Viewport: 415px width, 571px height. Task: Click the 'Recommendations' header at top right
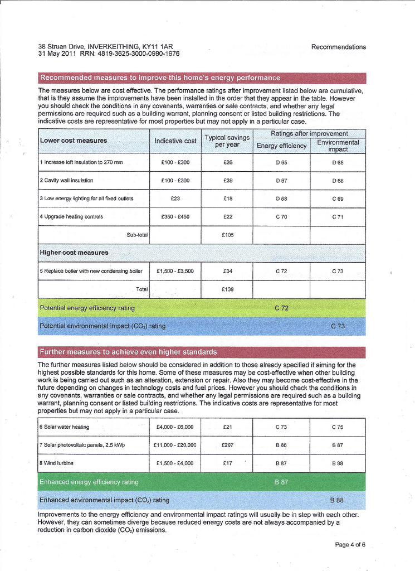pyautogui.click(x=339, y=47)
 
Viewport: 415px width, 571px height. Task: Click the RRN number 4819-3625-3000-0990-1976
pyautogui.click(x=140, y=54)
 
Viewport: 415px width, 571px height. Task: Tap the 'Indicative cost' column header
pyautogui.click(x=175, y=141)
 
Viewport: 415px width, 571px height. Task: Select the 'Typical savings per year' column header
pyautogui.click(x=227, y=141)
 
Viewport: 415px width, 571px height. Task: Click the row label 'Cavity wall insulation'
pyautogui.click(x=69, y=181)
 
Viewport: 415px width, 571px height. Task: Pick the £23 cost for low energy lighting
pyautogui.click(x=175, y=199)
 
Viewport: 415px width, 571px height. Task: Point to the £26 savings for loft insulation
pyautogui.click(x=227, y=163)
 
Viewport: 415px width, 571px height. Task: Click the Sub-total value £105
pyautogui.click(x=227, y=235)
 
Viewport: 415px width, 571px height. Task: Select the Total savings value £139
pyautogui.click(x=227, y=289)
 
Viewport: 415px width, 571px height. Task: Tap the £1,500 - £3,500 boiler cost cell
pyautogui.click(x=175, y=272)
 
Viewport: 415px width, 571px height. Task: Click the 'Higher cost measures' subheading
pyautogui.click(x=74, y=253)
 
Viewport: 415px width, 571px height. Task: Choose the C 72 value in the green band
pyautogui.click(x=281, y=308)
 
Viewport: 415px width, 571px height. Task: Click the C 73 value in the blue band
pyautogui.click(x=338, y=326)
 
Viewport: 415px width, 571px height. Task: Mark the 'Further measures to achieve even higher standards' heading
pyautogui.click(x=128, y=352)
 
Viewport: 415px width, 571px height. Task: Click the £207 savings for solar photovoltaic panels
pyautogui.click(x=227, y=445)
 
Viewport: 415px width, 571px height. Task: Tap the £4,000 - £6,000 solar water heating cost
pyautogui.click(x=175, y=427)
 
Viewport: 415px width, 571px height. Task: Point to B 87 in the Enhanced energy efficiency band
pyautogui.click(x=281, y=482)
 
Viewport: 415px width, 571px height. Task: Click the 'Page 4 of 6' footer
pyautogui.click(x=350, y=545)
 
